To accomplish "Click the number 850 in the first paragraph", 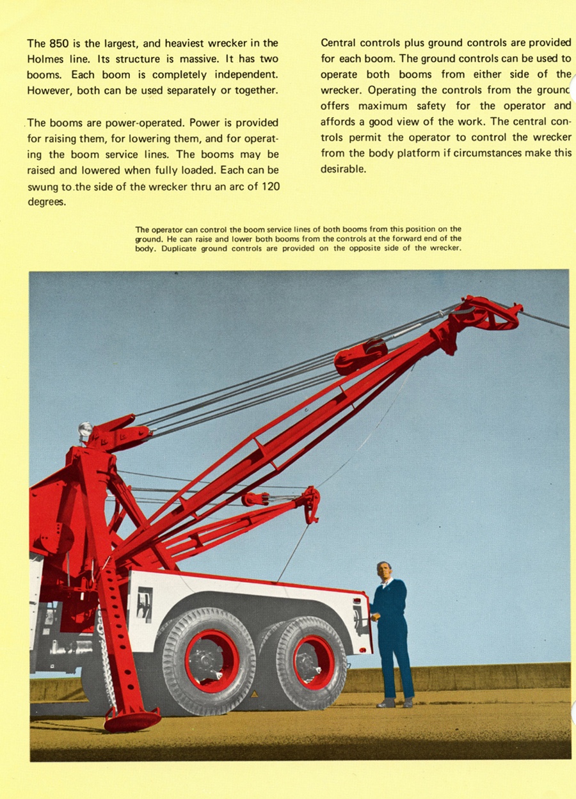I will (60, 44).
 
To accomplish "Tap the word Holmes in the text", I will (45, 59).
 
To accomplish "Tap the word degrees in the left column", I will (46, 202).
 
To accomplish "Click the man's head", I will (385, 570).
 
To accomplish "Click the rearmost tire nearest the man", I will (312, 663).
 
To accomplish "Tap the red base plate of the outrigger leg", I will (132, 720).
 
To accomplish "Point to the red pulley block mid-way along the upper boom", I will (361, 356).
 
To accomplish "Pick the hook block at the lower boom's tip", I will (312, 503).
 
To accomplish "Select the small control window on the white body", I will (145, 605).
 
